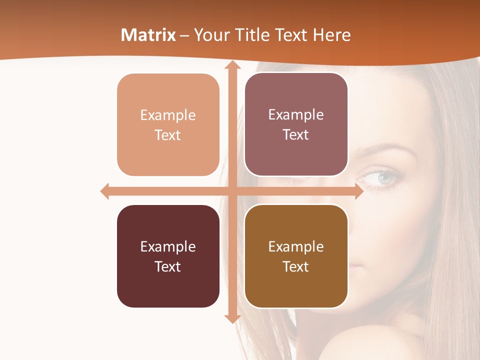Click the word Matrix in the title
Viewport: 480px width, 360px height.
(148, 35)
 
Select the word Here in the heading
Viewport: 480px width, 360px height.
(331, 35)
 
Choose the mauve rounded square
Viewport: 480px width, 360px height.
(296, 155)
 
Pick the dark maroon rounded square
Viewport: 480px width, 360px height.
(168, 285)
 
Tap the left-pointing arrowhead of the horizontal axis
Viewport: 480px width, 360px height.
(105, 191)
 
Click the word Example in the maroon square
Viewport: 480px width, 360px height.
(168, 246)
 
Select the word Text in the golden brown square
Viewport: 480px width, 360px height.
(296, 266)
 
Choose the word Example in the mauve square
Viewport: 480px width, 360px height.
(296, 114)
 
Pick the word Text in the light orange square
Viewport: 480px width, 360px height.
(168, 135)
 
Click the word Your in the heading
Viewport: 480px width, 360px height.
(210, 35)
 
